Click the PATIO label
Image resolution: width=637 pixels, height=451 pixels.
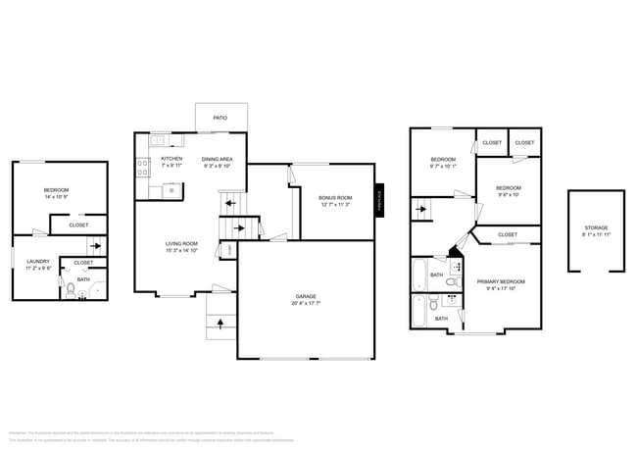tap(220, 118)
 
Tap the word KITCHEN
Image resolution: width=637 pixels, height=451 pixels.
tap(171, 159)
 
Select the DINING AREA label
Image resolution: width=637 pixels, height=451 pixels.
tap(217, 159)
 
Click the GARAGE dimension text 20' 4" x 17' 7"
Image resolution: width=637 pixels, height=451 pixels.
tap(306, 303)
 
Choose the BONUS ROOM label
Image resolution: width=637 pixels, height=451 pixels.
tap(335, 198)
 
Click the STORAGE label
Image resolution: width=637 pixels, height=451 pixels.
tap(596, 227)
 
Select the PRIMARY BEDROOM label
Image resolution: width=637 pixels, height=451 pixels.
tap(502, 281)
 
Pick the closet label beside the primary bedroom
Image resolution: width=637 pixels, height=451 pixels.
tap(508, 235)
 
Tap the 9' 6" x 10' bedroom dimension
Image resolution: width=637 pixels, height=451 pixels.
tap(508, 194)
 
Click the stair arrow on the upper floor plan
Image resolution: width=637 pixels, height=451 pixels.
tap(421, 208)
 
